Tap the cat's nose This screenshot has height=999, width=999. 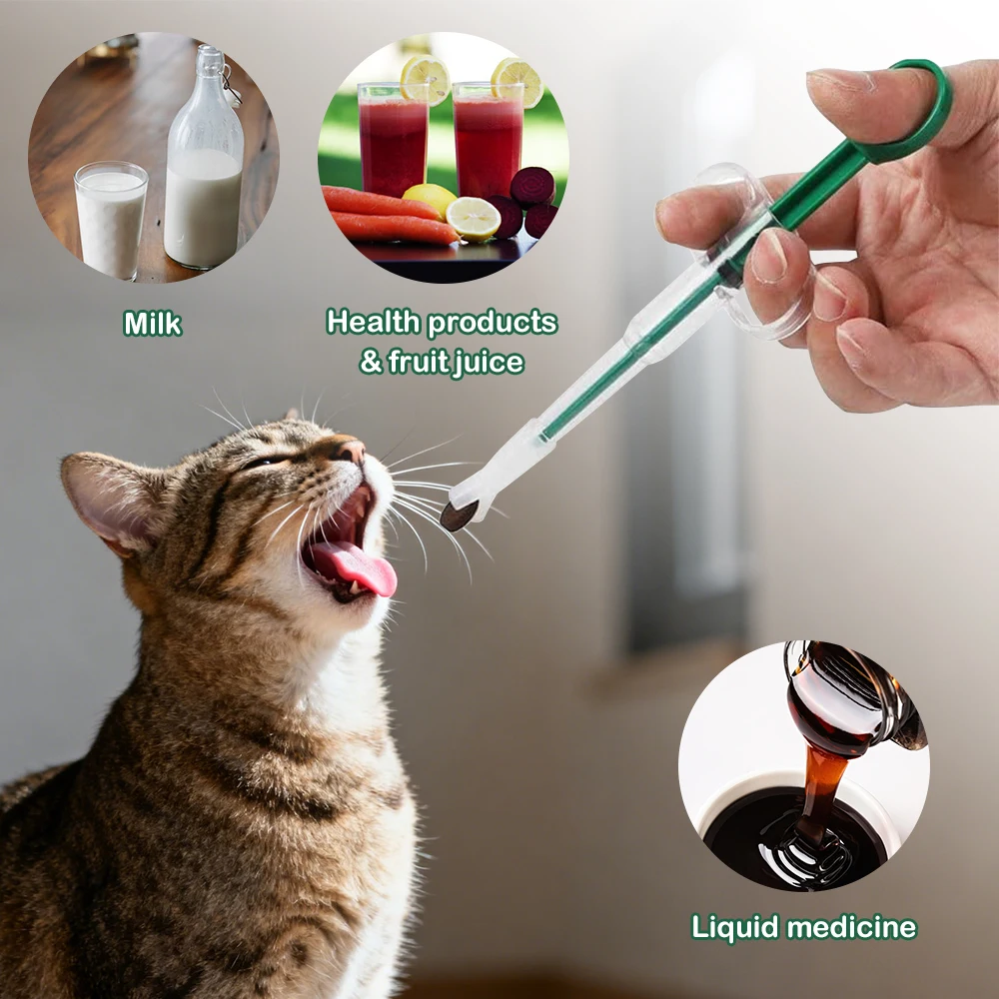pos(349,452)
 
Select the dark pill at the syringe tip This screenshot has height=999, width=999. pos(459,515)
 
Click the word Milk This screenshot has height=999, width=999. pos(152,324)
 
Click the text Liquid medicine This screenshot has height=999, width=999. pos(803,927)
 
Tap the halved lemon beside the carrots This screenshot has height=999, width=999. pos(474,217)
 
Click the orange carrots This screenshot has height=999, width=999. pos(385,215)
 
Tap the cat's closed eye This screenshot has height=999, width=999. pos(262,462)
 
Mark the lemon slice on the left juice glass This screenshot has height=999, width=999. pos(425,79)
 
